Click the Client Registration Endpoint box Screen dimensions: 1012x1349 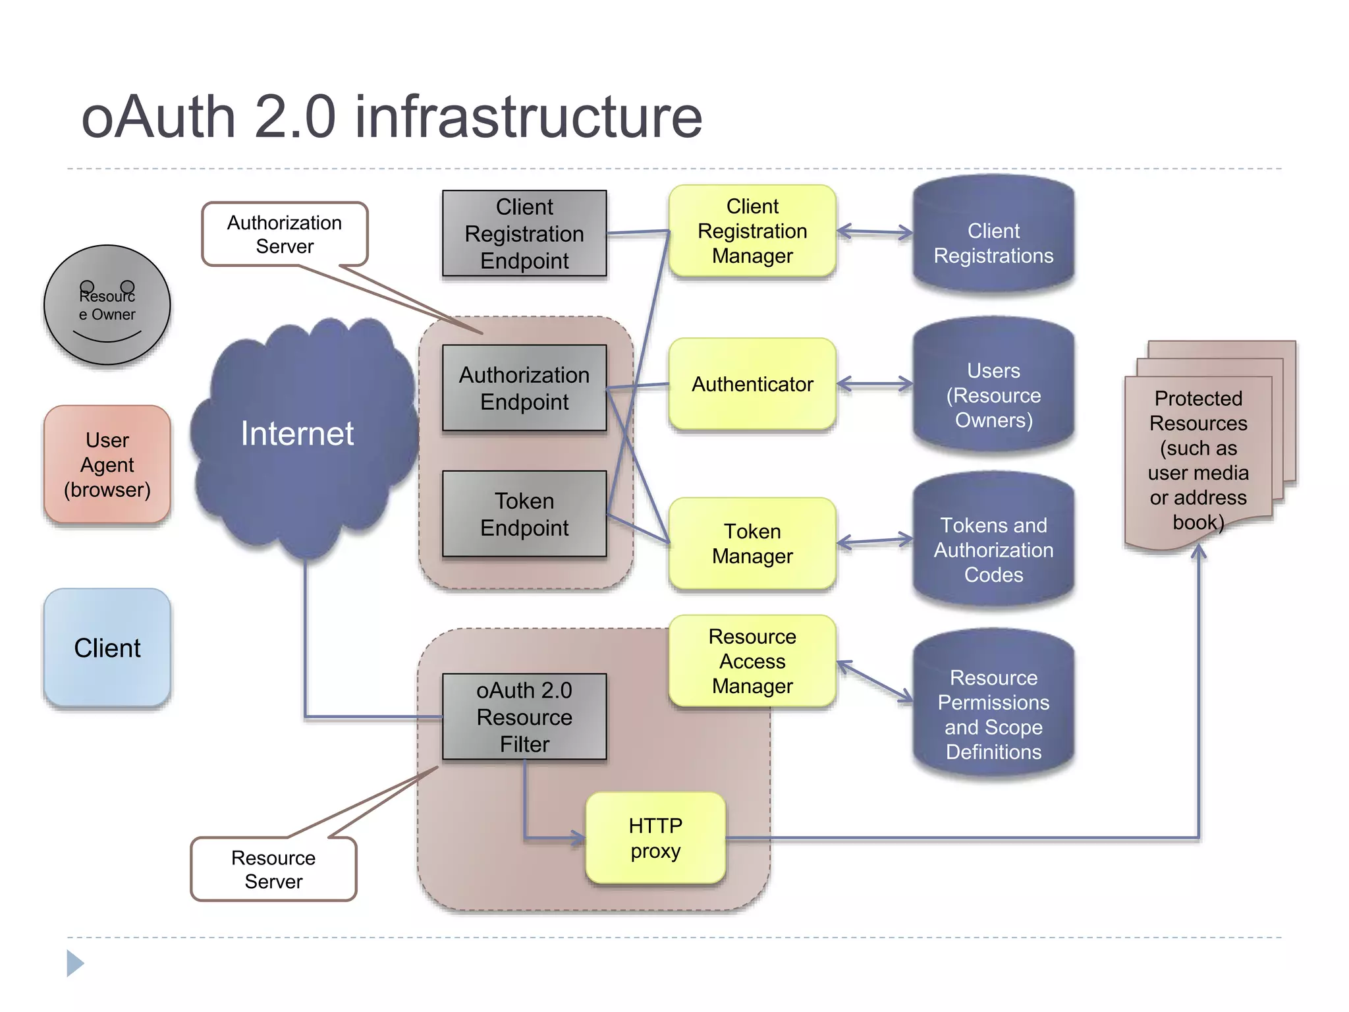pyautogui.click(x=524, y=233)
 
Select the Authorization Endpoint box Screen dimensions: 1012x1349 pyautogui.click(x=524, y=387)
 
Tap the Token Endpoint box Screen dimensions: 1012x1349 pyautogui.click(x=524, y=514)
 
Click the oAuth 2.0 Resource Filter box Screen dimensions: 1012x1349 pyautogui.click(x=524, y=717)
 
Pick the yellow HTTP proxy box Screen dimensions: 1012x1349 pyautogui.click(x=655, y=838)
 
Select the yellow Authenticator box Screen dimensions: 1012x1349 pyautogui.click(x=752, y=384)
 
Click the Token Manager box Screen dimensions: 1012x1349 pyautogui.click(x=752, y=544)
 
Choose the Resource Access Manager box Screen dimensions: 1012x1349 pyautogui.click(x=752, y=661)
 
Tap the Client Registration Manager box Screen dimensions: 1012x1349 pyautogui.click(x=752, y=231)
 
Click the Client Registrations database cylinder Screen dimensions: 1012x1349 pyautogui.click(x=993, y=242)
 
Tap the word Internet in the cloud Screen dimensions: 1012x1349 pyautogui.click(x=297, y=434)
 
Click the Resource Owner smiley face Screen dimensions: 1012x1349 pyautogui.click(x=107, y=305)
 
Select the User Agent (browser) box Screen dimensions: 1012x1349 pyautogui.click(x=107, y=464)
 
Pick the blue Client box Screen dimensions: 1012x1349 pyautogui.click(x=107, y=648)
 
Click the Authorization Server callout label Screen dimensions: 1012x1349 pyautogui.click(x=285, y=234)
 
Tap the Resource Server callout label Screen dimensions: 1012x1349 pyautogui.click(x=273, y=869)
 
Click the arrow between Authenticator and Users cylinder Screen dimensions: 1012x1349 pyautogui.click(x=875, y=384)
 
